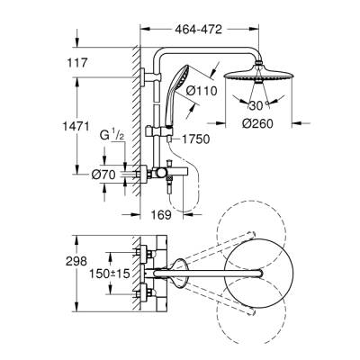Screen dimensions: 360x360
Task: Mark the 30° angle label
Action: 262,106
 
